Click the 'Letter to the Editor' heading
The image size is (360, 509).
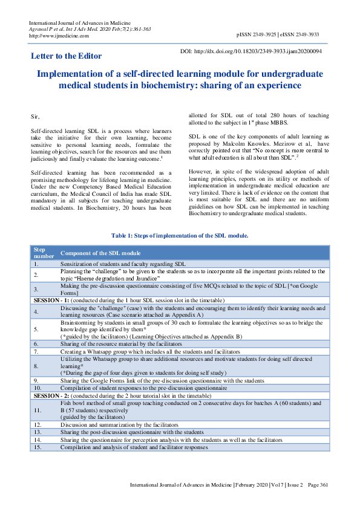click(66, 56)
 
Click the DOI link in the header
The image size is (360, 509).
click(259, 51)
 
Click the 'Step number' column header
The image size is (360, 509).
click(40, 252)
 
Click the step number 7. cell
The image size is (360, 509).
click(36, 351)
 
